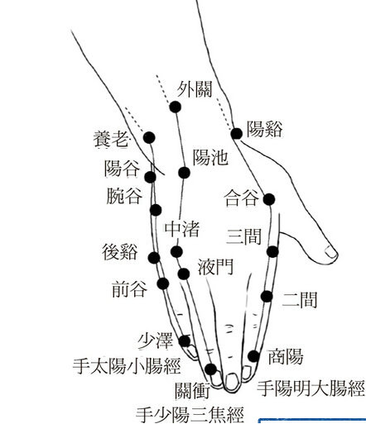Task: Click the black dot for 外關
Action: (x=175, y=107)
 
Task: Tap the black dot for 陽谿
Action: (x=236, y=134)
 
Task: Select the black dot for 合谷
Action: (x=269, y=199)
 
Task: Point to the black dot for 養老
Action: (x=149, y=137)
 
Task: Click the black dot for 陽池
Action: (x=184, y=173)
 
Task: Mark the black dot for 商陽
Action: (x=253, y=356)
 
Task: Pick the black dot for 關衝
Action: (x=211, y=369)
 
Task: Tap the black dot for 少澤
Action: (x=185, y=341)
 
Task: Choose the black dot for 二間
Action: (x=267, y=297)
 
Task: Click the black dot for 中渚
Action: (x=176, y=251)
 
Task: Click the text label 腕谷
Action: (x=124, y=196)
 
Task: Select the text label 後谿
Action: (x=120, y=252)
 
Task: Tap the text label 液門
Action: (x=215, y=267)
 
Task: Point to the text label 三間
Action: (x=243, y=236)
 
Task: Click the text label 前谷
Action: (x=129, y=288)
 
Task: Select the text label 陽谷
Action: (x=122, y=169)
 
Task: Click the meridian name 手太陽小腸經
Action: (x=127, y=366)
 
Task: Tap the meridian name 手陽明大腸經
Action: (x=311, y=388)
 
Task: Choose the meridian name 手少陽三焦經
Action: (x=190, y=415)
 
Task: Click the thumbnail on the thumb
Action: (x=331, y=252)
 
